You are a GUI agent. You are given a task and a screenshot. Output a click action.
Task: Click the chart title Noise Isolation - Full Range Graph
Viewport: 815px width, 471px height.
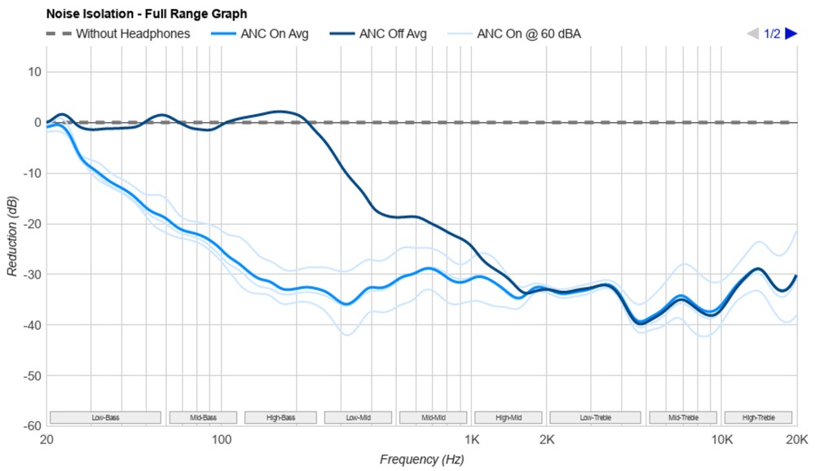pyautogui.click(x=147, y=14)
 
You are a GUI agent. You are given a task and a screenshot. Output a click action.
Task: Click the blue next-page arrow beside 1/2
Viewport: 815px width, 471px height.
pyautogui.click(x=791, y=33)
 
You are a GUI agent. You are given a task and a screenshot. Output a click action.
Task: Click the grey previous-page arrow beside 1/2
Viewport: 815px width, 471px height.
pyautogui.click(x=753, y=33)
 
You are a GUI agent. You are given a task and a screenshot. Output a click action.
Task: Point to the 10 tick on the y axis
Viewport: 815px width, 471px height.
pyautogui.click(x=34, y=72)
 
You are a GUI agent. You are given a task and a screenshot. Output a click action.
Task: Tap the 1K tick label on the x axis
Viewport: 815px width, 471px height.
pyautogui.click(x=472, y=441)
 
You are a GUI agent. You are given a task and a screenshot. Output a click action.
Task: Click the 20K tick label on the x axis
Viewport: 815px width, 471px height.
pyautogui.click(x=796, y=441)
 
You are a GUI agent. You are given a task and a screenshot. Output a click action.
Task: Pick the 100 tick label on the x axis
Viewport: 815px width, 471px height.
pyautogui.click(x=222, y=441)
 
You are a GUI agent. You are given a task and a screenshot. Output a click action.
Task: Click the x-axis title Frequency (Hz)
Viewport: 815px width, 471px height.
pyautogui.click(x=421, y=460)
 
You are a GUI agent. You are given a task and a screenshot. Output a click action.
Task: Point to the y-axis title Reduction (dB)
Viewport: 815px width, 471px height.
pyautogui.click(x=12, y=236)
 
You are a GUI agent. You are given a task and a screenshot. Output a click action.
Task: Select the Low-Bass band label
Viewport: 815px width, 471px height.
pyautogui.click(x=105, y=418)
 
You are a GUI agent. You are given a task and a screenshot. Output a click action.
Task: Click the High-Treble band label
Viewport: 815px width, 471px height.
pyautogui.click(x=759, y=418)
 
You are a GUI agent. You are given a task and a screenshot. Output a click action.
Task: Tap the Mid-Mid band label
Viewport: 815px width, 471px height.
pyautogui.click(x=434, y=418)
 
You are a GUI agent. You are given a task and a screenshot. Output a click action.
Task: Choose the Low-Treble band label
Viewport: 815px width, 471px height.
pyautogui.click(x=596, y=418)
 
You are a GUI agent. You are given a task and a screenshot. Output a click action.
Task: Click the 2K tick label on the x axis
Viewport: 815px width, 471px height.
pyautogui.click(x=547, y=441)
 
